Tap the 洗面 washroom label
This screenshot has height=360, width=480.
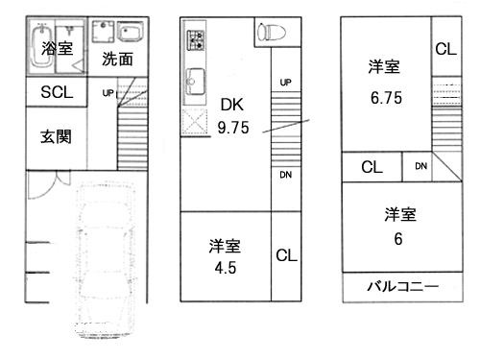point(117,60)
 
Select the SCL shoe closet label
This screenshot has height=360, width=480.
point(55,93)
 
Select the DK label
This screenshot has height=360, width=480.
point(232,104)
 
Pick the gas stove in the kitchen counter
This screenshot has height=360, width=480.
point(197,41)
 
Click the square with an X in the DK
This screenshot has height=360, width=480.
point(197,124)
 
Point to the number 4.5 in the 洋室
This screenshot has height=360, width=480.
point(223,268)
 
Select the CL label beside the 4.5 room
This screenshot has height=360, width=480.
point(286,256)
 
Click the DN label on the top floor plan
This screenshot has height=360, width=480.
point(420,166)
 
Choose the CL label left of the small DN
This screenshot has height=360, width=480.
point(372,167)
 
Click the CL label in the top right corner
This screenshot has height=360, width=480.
point(445,50)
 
